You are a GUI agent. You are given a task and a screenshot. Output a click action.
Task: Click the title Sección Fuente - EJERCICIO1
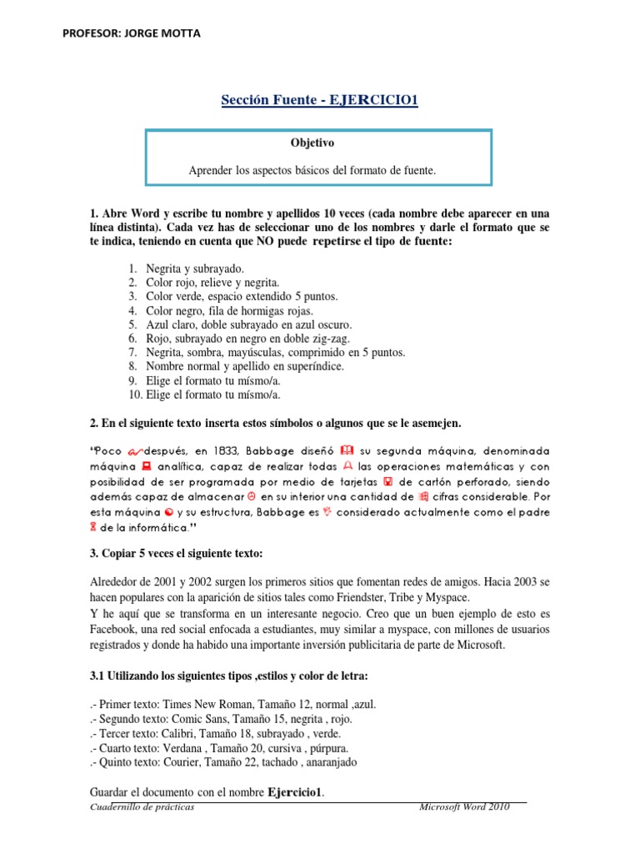319,101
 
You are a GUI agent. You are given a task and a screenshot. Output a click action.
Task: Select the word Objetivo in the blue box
317,143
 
